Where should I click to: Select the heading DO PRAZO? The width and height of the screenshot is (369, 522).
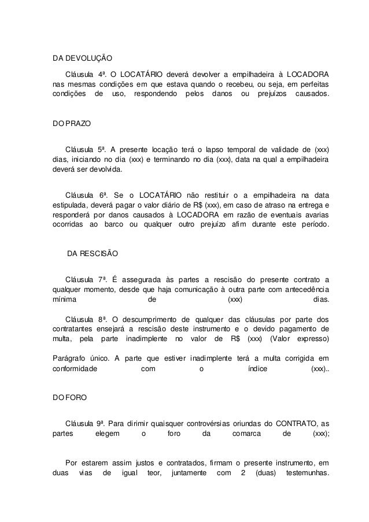68,125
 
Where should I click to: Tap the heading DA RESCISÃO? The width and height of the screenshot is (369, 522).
93,254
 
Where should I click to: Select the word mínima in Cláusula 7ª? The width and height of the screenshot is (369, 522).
64,299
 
